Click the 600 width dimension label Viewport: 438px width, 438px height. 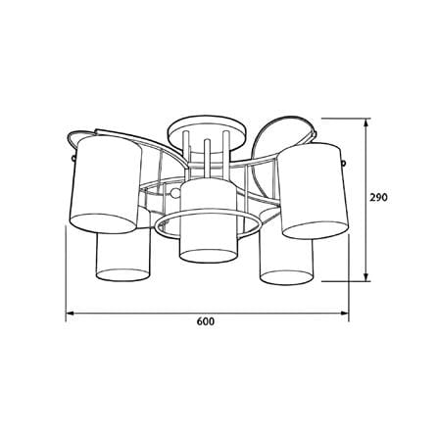[x=206, y=321]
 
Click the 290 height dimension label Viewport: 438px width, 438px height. [x=378, y=197]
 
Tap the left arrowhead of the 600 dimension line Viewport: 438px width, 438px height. [x=70, y=314]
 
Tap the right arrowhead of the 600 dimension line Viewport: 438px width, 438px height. [x=345, y=314]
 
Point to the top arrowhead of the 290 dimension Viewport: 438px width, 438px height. [x=366, y=122]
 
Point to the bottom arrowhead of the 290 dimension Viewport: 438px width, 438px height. [x=366, y=276]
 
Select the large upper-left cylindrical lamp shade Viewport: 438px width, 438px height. [x=106, y=184]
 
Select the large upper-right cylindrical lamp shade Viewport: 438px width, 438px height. [x=315, y=190]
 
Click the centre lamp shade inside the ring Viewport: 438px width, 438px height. [x=209, y=221]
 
